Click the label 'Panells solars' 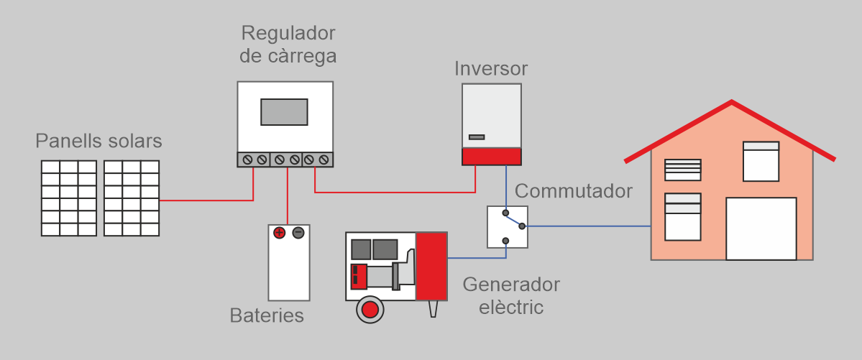click(98, 141)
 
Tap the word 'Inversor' click(491, 69)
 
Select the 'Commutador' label click(574, 191)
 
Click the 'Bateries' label click(267, 315)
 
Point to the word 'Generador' click(511, 284)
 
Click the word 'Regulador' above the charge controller click(288, 33)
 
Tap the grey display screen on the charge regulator click(284, 112)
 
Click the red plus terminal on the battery click(280, 233)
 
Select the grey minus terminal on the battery click(298, 233)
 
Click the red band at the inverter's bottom click(491, 157)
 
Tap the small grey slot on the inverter click(477, 137)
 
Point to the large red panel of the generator click(431, 266)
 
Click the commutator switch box click(508, 226)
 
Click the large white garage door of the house click(761, 229)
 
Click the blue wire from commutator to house click(590, 226)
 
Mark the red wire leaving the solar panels click(205, 200)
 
